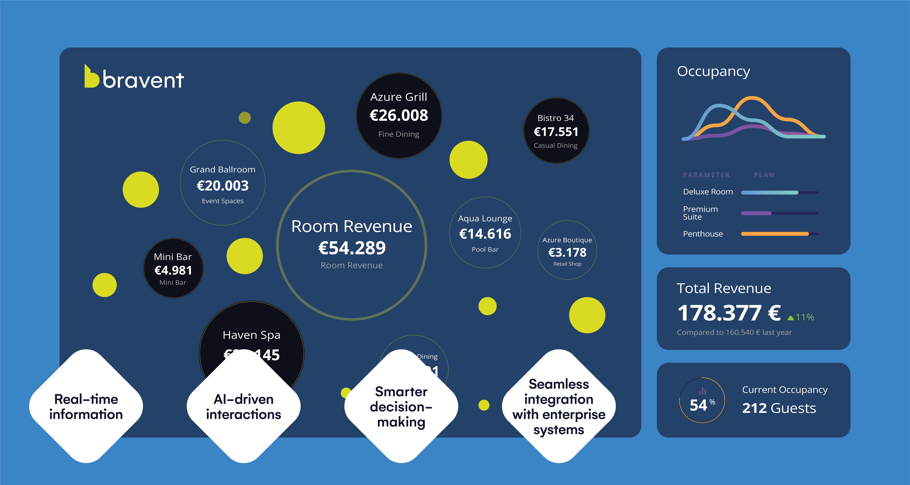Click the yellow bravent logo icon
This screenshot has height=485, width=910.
[x=91, y=77]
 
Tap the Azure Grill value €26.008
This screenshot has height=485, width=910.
[x=399, y=115]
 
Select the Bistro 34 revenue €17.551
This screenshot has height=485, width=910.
[x=556, y=132]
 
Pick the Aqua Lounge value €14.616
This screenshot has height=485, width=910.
[x=485, y=234]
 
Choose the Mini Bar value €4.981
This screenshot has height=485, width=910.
[x=173, y=270]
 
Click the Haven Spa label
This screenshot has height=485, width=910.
[x=252, y=335]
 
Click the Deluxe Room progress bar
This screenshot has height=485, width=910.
[x=779, y=192]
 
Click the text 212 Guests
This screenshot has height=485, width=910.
[x=779, y=408]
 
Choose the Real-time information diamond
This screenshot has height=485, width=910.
[x=86, y=406]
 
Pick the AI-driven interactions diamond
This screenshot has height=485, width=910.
[x=244, y=406]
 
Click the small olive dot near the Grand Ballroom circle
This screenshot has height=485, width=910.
[x=245, y=118]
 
